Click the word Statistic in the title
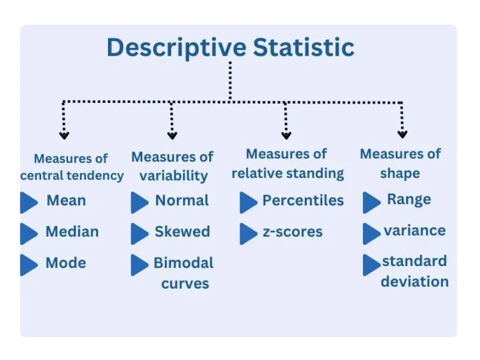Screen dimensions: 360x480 coord(304,47)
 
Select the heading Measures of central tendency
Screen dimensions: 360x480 coord(71,167)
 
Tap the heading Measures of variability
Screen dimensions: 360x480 coord(173,166)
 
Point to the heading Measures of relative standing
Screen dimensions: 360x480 coord(287,163)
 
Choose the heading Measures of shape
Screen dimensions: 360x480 coord(400,163)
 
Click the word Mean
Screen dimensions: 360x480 coord(66,200)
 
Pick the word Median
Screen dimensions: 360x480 coord(72,232)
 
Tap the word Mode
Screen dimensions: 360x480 coord(66,263)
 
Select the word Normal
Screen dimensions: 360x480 coord(182,200)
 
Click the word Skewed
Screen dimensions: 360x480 coord(182,232)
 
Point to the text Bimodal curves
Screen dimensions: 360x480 coord(184,273)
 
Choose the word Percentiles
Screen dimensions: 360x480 coord(303,200)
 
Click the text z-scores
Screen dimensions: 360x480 coord(293,232)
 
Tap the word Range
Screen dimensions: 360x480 coord(409,200)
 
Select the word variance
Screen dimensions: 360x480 coord(415,231)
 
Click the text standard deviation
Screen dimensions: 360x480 coord(415,271)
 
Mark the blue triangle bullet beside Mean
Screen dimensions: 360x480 coord(28,202)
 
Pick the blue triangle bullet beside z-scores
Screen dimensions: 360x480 coord(248,233)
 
